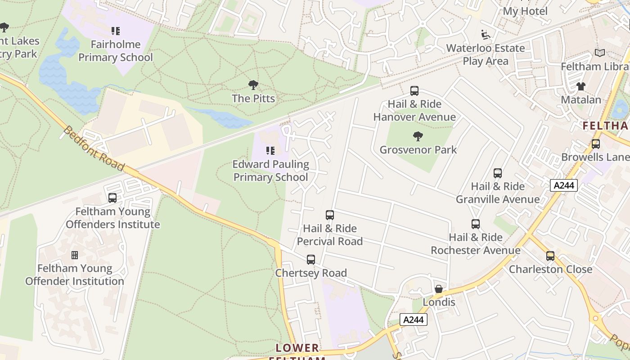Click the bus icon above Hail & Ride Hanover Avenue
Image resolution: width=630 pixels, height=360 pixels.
coord(414,91)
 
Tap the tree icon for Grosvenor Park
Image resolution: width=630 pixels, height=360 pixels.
coord(418,136)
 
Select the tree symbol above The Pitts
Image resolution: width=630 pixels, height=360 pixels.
coord(253,85)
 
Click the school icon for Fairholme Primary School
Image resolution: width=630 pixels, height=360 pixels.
coord(116,31)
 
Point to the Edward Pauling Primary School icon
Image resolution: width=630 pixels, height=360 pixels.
coord(270,151)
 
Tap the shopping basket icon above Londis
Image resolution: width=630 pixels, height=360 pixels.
coord(439,289)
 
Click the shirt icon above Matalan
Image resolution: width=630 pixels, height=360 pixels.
coord(581,86)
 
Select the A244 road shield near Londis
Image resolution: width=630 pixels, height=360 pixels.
coord(413,319)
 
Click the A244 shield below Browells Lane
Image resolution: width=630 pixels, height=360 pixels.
coord(563,185)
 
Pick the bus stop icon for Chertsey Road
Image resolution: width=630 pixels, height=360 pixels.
coord(311,260)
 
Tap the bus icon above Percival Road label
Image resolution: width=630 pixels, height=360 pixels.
coord(330,215)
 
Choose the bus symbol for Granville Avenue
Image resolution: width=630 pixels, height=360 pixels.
coord(498,173)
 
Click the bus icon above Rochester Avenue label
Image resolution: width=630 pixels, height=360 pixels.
coord(476,224)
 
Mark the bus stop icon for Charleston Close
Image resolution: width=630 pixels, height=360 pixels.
coord(550,256)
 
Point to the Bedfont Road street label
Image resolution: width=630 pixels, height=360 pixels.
coord(94,148)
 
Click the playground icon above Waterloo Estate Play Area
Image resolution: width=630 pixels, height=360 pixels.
coord(486,35)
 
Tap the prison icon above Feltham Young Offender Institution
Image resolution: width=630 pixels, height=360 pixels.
coord(75,255)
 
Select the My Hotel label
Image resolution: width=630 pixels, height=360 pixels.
coord(525,11)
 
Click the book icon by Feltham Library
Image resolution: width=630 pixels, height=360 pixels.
coord(599,53)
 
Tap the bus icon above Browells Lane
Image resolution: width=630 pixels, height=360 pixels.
coord(596,144)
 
